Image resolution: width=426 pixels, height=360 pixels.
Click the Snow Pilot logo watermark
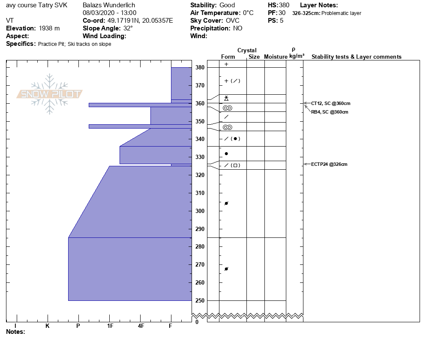click(x=50, y=94)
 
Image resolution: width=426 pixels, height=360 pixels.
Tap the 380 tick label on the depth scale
click(x=200, y=68)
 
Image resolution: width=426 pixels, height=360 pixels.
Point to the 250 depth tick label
click(x=200, y=301)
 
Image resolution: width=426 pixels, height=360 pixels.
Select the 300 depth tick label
click(x=200, y=211)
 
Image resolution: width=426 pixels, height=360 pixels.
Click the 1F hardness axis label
click(x=110, y=326)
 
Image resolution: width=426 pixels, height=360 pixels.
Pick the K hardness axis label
click(x=48, y=326)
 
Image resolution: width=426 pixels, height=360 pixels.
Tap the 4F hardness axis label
click(x=141, y=326)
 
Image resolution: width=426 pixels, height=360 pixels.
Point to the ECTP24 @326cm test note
click(x=329, y=164)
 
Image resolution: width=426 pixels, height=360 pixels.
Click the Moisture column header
click(x=276, y=57)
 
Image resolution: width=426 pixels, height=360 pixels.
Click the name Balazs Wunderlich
click(x=109, y=5)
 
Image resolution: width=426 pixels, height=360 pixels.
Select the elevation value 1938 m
click(x=49, y=28)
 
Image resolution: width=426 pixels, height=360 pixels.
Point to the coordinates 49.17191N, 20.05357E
click(x=140, y=21)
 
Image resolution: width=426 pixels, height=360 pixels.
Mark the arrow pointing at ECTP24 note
click(x=306, y=164)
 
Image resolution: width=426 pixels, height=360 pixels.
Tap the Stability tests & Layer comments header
click(x=356, y=57)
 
